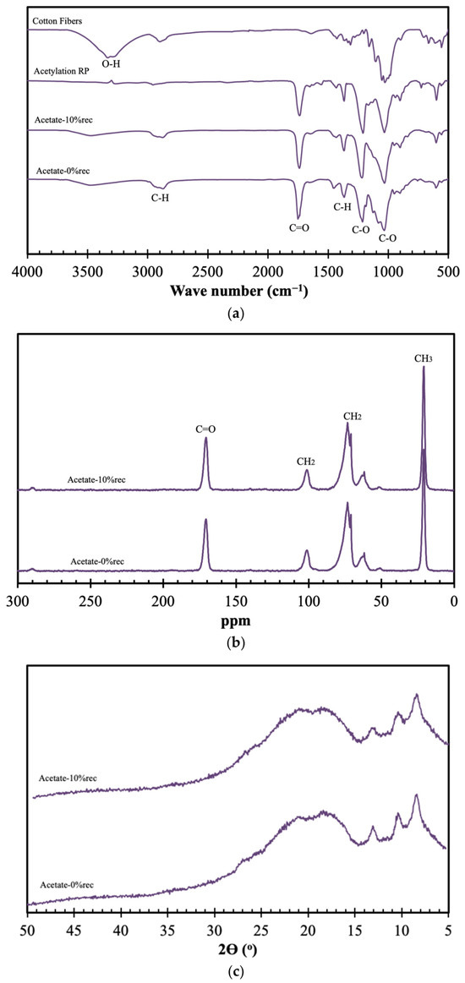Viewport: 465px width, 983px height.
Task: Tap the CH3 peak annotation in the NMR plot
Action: click(423, 358)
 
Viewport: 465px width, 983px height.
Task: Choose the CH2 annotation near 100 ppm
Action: click(306, 461)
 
